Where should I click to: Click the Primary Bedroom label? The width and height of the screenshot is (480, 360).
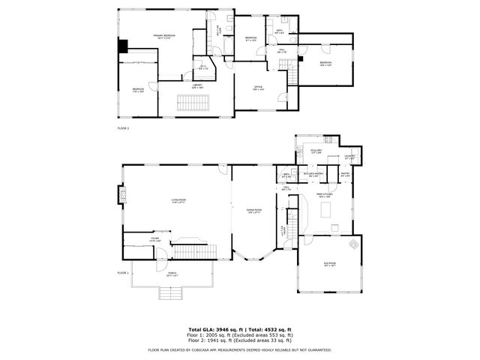[x=165, y=36]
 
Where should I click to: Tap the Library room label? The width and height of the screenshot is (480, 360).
[x=197, y=86]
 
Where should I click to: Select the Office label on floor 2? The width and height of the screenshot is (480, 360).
[x=257, y=88]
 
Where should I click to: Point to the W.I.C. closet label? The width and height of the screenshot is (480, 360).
[x=202, y=67]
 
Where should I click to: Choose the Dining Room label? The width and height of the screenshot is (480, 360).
[x=255, y=211]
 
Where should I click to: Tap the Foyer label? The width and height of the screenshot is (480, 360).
[x=154, y=239]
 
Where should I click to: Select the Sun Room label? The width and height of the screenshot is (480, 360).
[x=330, y=264]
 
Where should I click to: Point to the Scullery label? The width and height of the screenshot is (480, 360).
[x=316, y=151]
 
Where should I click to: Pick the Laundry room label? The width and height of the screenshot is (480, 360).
[x=349, y=157]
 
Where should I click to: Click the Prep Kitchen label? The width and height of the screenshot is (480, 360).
[x=324, y=196]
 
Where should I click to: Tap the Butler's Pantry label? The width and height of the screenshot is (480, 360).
[x=313, y=174]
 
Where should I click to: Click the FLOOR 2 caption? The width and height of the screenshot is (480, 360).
[x=123, y=128]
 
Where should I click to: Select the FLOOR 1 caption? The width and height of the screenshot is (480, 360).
[x=123, y=272]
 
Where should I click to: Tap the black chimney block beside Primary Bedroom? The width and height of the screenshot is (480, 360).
[x=121, y=45]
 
